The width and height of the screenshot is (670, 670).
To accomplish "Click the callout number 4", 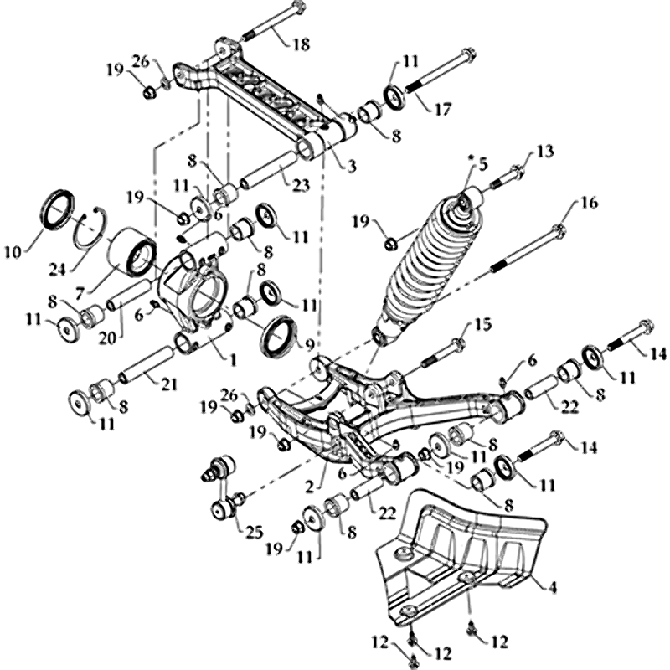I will coord(551,585).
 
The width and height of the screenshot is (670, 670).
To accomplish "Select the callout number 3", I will coord(350,166).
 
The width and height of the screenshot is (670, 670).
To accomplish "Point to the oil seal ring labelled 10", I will coord(58,209).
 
